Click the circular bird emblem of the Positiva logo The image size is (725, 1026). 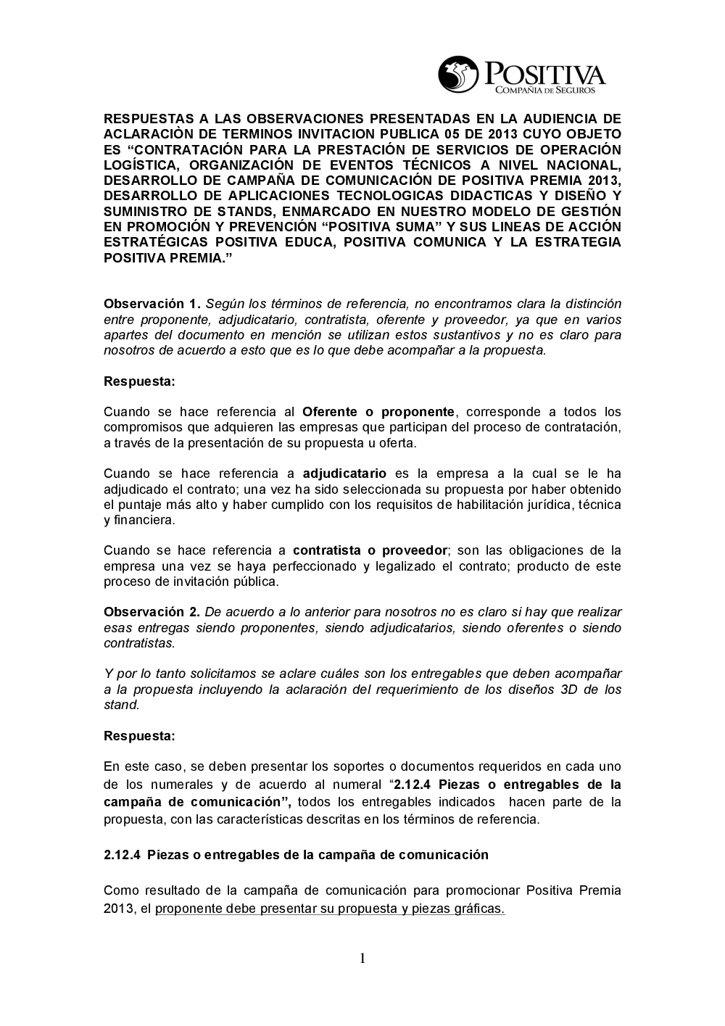(458, 75)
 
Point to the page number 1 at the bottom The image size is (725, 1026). (362, 959)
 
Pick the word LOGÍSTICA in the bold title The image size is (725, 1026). (141, 165)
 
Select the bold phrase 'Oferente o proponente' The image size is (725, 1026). (378, 412)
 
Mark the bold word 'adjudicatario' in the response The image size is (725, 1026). (344, 473)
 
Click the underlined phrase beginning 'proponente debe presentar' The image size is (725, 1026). (330, 909)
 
